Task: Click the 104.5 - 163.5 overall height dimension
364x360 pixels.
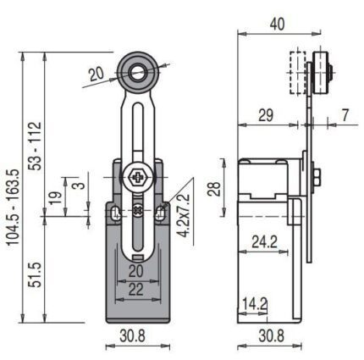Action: (x=13, y=207)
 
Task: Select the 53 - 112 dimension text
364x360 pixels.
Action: (x=36, y=146)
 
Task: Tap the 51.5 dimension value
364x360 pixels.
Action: (x=36, y=275)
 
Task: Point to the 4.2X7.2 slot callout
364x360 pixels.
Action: (x=185, y=215)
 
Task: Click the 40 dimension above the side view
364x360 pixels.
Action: (x=277, y=25)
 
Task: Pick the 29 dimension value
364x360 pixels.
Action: (x=266, y=115)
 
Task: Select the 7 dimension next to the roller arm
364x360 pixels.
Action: (x=345, y=115)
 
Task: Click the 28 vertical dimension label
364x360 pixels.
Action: (x=214, y=188)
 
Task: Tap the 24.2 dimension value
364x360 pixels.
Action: (x=264, y=241)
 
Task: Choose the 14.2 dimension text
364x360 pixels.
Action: (x=255, y=304)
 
